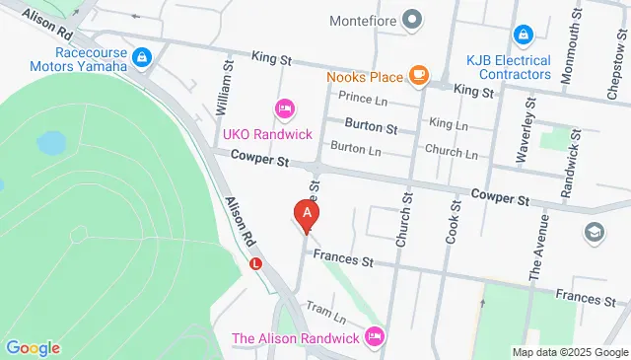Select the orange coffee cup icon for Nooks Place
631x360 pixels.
coord(419,74)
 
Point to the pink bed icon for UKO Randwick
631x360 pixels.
coord(284,107)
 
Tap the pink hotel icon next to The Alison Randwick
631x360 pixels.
coord(374,337)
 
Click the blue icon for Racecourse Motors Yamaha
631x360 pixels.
coord(144,58)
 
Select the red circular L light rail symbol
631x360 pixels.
coord(256,263)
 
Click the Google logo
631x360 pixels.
coord(33,348)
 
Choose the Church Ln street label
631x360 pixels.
coord(451,153)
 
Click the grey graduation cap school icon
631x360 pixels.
coord(595,232)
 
